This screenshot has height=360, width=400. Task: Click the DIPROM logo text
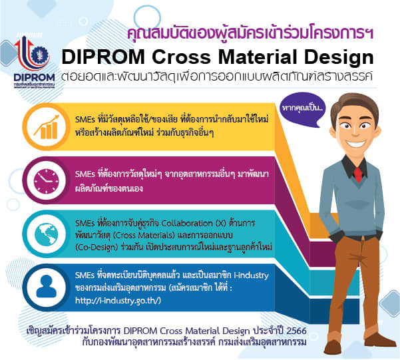click(35, 77)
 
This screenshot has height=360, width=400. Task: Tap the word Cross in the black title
click(181, 57)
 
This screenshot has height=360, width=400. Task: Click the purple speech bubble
click(302, 109)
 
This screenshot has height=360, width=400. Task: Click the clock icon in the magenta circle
click(46, 180)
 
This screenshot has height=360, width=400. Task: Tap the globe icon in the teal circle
click(46, 234)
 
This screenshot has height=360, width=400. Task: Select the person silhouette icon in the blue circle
click(46, 286)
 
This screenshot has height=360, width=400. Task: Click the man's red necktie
click(358, 174)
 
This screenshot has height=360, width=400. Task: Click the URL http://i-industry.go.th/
click(118, 301)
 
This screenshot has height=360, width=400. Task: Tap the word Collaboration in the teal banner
click(187, 223)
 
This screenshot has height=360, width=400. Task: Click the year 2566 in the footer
click(296, 331)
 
